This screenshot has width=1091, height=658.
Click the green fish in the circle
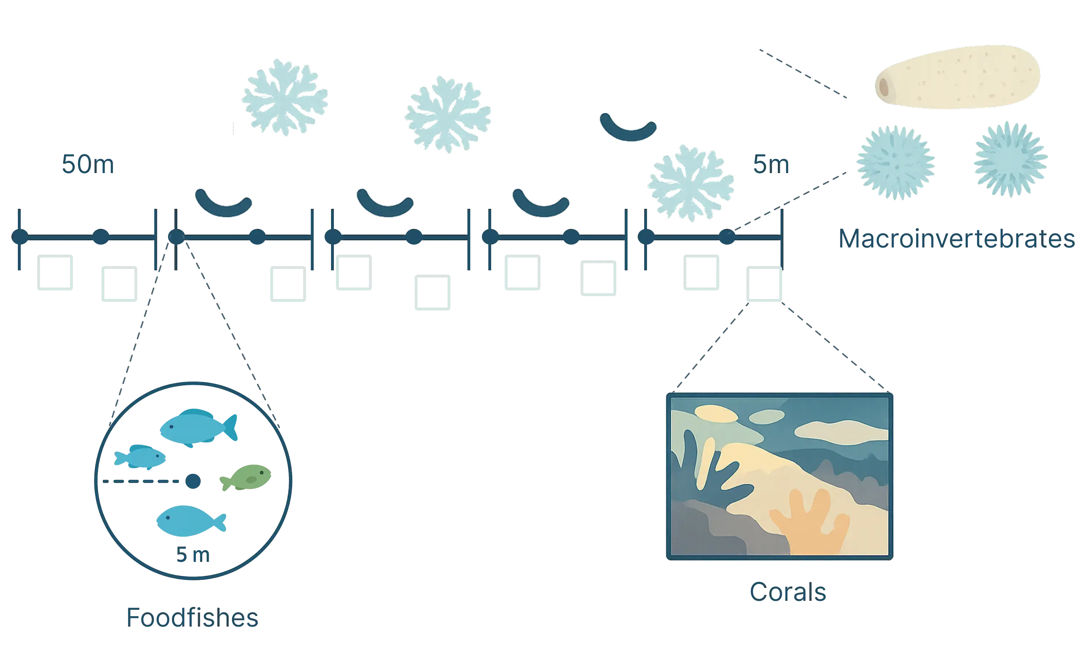[x=246, y=478]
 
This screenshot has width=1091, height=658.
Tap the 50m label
[x=87, y=164]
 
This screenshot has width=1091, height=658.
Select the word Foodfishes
[x=192, y=617]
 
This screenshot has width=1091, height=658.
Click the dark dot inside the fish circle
[x=193, y=481]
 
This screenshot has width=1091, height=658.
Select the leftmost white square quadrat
[x=55, y=273]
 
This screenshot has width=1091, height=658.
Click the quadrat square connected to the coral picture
[x=765, y=285]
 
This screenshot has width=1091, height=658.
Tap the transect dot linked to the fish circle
[x=177, y=238]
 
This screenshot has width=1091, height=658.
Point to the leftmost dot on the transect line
[x=19, y=237]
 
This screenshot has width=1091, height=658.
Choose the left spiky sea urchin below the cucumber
[x=896, y=162]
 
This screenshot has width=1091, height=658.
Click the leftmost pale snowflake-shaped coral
[x=286, y=96]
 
